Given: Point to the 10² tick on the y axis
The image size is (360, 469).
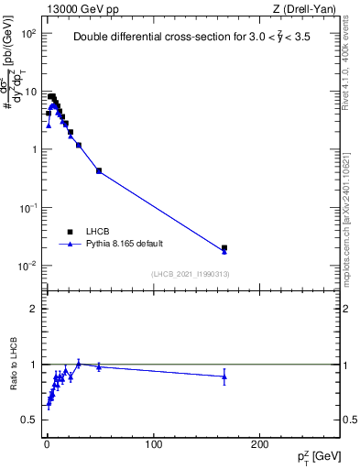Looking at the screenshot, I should pos(29,33).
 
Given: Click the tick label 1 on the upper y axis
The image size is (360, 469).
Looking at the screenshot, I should pos(33,149).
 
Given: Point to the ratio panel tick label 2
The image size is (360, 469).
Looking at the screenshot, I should pos(34,309).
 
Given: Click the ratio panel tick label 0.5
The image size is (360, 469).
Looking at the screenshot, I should pos(29,420).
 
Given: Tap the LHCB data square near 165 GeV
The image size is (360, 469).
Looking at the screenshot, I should pos(224,247).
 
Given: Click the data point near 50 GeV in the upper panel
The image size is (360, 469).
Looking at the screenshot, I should pos(99,170).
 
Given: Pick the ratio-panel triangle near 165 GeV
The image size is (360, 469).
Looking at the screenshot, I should pos(224,376).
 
